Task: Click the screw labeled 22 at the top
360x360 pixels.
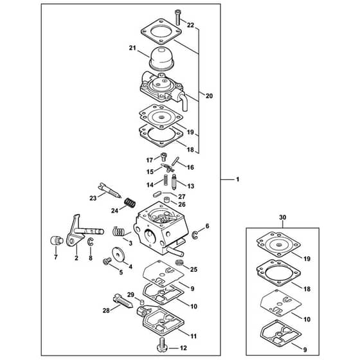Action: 178,17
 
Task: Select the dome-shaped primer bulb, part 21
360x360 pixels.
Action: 163,59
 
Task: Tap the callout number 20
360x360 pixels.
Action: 209,96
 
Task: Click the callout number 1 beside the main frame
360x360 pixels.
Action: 238,179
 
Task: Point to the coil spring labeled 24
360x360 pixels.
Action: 130,203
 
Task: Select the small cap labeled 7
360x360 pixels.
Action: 57,240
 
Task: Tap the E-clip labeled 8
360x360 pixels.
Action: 91,242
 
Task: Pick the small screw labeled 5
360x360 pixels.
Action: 107,261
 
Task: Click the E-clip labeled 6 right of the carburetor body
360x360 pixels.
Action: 195,235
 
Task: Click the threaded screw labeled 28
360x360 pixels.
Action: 122,301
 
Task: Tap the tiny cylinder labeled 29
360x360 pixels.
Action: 142,301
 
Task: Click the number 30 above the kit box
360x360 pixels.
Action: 283,217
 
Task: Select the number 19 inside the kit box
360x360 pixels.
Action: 307,258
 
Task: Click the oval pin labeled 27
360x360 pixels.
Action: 157,194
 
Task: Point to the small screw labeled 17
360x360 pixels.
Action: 163,157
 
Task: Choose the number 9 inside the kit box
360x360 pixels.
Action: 305,350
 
